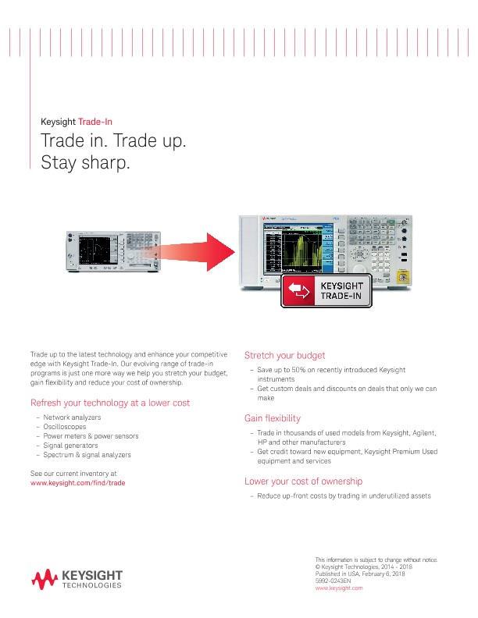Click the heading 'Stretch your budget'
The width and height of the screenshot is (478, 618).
tap(284, 355)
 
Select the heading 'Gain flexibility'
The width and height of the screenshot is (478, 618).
tap(273, 419)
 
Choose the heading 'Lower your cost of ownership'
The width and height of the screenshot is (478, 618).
tap(303, 481)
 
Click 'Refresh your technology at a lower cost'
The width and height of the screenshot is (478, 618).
tap(109, 403)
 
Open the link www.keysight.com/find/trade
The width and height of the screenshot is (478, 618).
tap(77, 483)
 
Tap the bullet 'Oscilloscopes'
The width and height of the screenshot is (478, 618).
tap(65, 427)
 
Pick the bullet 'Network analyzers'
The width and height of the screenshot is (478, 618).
tap(72, 417)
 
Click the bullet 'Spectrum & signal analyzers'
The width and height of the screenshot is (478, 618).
tap(87, 455)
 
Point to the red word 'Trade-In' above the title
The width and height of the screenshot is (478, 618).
tap(95, 122)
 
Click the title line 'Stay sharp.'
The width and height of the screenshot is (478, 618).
tap(84, 164)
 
